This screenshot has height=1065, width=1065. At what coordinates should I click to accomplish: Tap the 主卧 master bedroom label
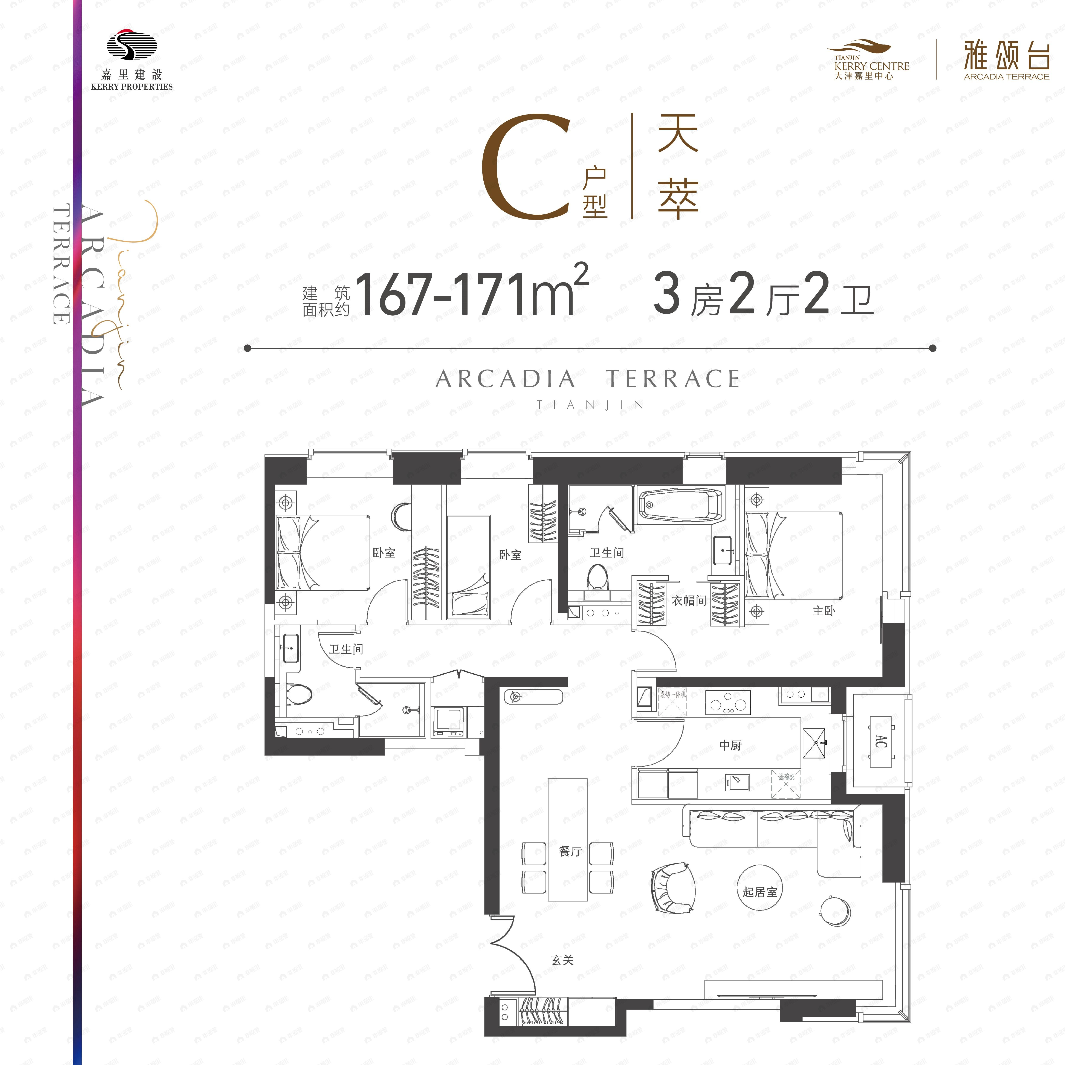[824, 610]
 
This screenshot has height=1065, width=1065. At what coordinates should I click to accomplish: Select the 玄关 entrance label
[562, 960]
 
